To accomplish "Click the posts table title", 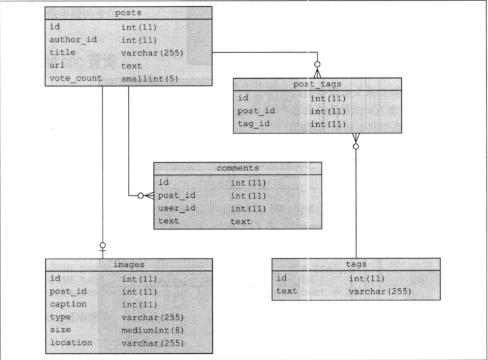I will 128,12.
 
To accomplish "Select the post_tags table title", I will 316,83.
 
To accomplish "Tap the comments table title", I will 237,167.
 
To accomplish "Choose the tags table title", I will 355,263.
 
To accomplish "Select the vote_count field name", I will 75,78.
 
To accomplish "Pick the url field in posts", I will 57,65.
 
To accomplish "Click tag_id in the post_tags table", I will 253,124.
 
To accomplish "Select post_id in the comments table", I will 177,195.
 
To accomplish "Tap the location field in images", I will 71,342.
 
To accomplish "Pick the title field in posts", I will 62,52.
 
